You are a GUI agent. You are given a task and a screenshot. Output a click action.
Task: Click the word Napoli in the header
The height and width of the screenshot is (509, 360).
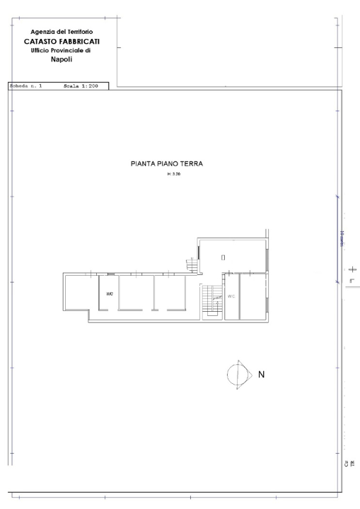62,59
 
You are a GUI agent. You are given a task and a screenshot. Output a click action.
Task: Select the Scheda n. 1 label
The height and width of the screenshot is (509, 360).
25,86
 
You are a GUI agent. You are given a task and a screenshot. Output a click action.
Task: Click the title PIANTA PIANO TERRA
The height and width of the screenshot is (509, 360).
167,163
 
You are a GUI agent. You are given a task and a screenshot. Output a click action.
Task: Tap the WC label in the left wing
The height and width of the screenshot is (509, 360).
110,293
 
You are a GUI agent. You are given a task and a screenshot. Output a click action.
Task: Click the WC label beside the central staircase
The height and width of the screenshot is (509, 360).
231,296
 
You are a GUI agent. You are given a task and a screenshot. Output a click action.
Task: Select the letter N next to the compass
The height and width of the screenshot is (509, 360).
260,375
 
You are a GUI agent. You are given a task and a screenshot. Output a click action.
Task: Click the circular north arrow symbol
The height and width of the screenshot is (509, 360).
238,375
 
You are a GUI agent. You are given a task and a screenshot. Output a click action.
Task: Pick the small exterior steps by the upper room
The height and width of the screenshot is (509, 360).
192,266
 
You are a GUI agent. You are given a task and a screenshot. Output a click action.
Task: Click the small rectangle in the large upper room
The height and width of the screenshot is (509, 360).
223,257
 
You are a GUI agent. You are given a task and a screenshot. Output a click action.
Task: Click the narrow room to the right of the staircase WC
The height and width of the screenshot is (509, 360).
252,297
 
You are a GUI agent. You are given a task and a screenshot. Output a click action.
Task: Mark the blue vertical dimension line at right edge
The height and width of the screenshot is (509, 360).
338,240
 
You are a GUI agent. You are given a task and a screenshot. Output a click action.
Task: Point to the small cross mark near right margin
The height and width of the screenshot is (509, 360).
352,270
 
